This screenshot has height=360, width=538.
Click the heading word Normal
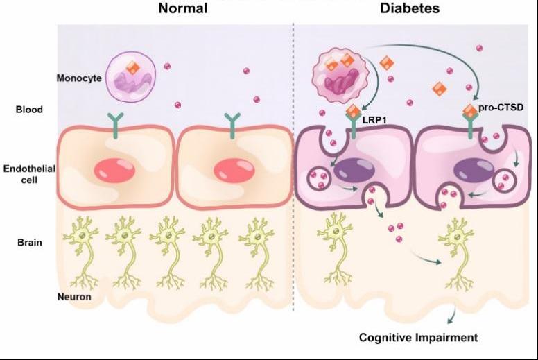pyautogui.click(x=183, y=9)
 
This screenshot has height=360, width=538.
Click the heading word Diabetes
pyautogui.click(x=410, y=9)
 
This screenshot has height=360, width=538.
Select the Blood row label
pyautogui.click(x=29, y=109)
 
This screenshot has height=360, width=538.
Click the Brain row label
pyautogui.click(x=30, y=243)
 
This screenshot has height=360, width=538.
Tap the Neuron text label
pyautogui.click(x=74, y=297)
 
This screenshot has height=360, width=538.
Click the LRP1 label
pyautogui.click(x=374, y=120)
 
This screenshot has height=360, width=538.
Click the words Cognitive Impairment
pyautogui.click(x=418, y=338)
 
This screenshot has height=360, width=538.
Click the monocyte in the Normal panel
pyautogui.click(x=132, y=76)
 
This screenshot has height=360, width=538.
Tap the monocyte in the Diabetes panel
pyautogui.click(x=339, y=78)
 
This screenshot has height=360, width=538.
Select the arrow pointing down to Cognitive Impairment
pyautogui.click(x=452, y=316)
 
